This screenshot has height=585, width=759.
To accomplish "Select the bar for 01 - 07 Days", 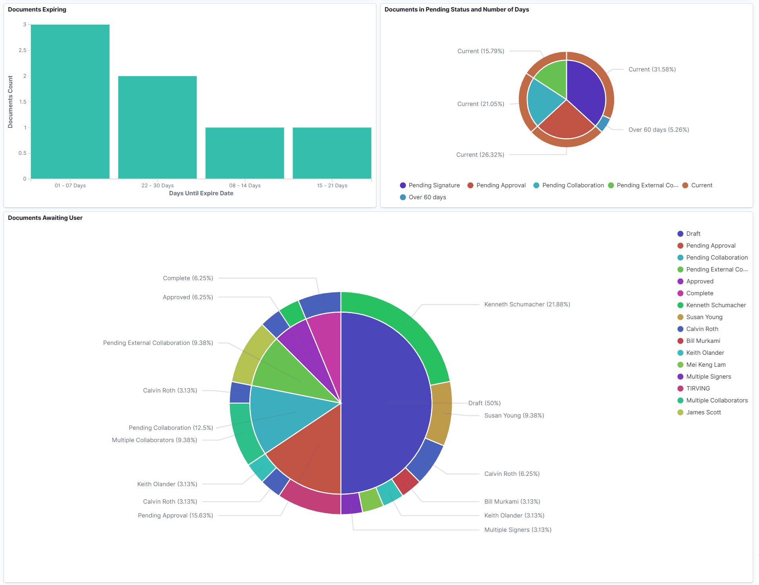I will click(70, 102).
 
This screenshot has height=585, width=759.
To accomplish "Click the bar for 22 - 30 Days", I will click(158, 127).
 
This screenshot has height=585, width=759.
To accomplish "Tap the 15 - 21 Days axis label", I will click(332, 185).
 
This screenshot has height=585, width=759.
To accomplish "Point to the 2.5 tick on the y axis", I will click(22, 50).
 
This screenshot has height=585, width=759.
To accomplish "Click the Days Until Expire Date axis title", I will click(201, 193).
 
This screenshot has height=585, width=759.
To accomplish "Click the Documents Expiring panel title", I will click(37, 10).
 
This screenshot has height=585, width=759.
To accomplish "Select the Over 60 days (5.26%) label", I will click(658, 130).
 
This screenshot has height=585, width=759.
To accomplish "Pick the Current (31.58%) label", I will click(652, 69).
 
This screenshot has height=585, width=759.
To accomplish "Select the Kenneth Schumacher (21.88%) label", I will click(527, 304).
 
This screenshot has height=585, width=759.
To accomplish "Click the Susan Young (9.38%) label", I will click(514, 416).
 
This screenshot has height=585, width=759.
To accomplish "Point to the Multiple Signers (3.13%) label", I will click(518, 530).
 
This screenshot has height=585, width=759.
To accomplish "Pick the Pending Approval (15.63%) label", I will click(175, 516).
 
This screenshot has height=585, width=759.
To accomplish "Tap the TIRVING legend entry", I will click(698, 389).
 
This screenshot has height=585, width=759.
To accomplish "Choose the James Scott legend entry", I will click(703, 412).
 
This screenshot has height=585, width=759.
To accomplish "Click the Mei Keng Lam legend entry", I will click(706, 365).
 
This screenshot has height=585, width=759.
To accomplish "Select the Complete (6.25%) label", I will click(188, 278).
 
